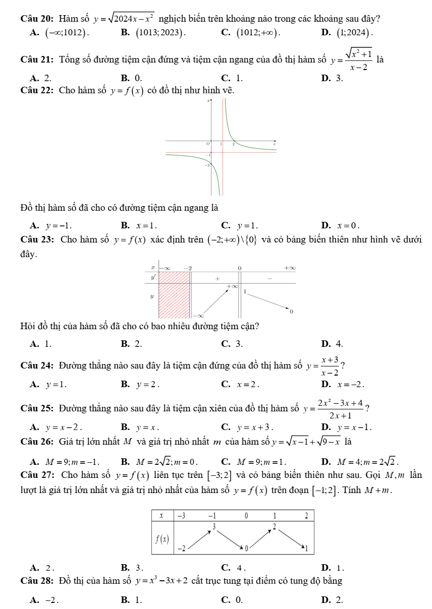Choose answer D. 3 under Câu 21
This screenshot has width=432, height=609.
[x=328, y=78]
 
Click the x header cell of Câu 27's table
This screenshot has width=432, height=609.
[x=163, y=516]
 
